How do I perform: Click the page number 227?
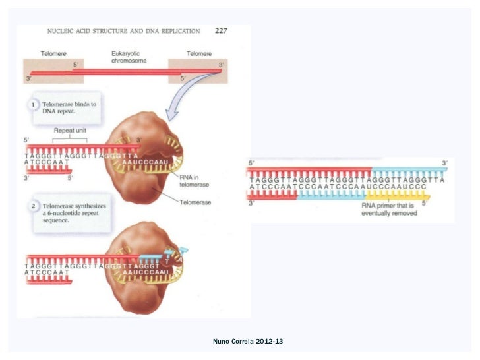(221, 30)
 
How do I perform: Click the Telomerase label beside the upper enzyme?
(196, 203)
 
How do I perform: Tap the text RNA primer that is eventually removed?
(389, 210)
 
